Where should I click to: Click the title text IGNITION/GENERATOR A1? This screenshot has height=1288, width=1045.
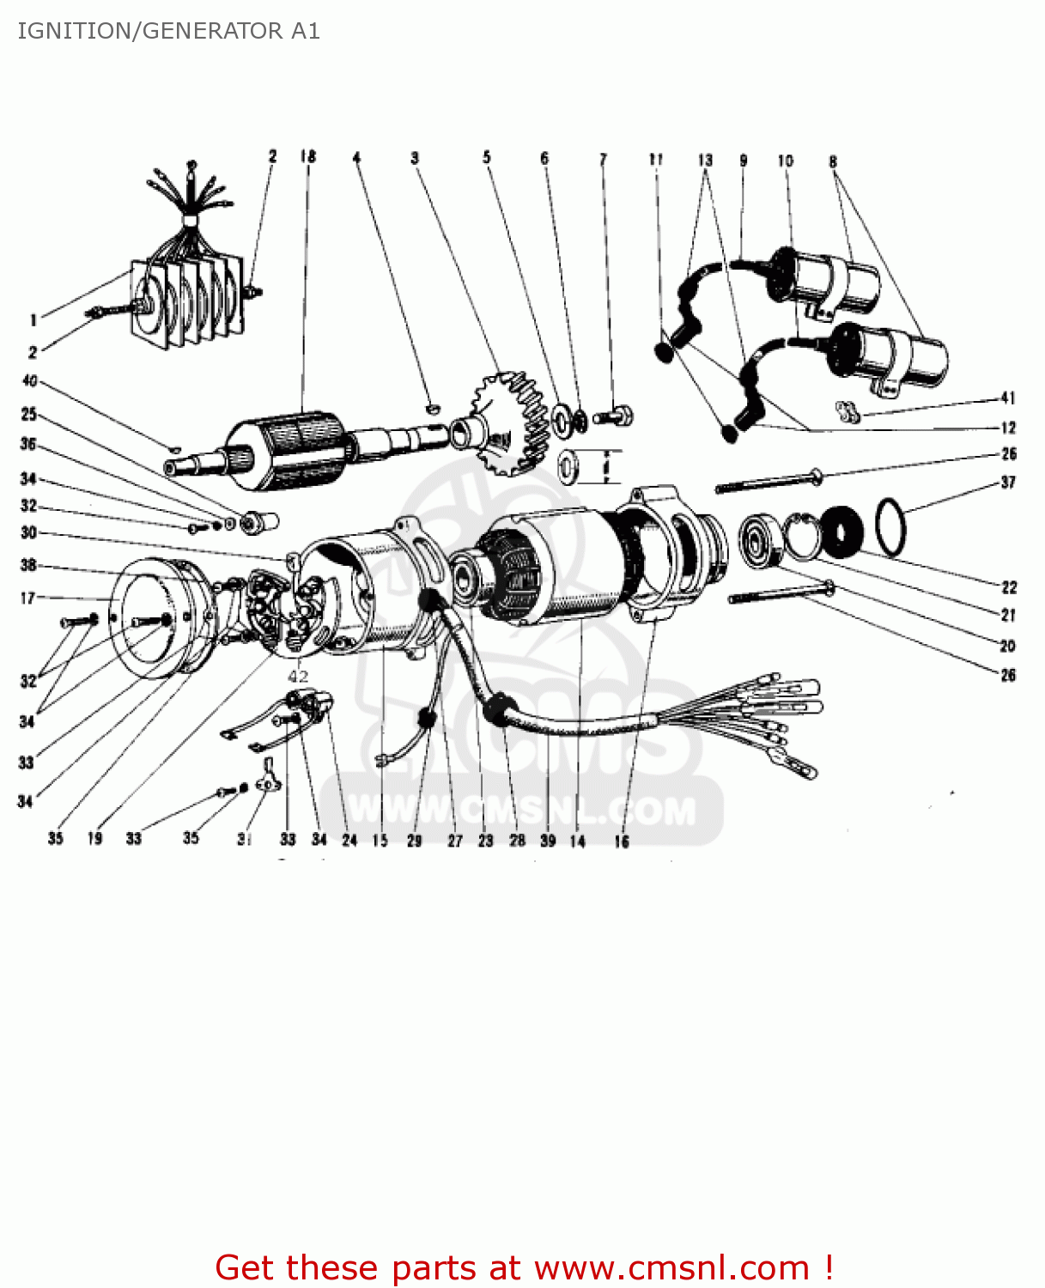point(169,31)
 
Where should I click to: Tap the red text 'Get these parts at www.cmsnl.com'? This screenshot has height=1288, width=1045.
point(524,1267)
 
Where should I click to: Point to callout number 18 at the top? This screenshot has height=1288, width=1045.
point(307,156)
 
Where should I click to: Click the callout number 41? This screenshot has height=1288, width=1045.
point(1007,398)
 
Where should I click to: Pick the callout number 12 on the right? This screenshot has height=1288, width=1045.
point(1008,427)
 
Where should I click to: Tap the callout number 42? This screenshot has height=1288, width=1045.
point(298,676)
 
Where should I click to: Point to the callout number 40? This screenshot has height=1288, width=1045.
point(30,380)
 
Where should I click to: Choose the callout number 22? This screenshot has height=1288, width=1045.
point(1009,587)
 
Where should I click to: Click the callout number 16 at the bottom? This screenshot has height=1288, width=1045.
point(621,841)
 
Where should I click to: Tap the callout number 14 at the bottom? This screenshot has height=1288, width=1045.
point(577,841)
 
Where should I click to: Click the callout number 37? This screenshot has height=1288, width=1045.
point(1008,482)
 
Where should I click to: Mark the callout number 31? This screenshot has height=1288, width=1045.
point(245,839)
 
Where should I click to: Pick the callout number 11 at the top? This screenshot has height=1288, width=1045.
point(656,159)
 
